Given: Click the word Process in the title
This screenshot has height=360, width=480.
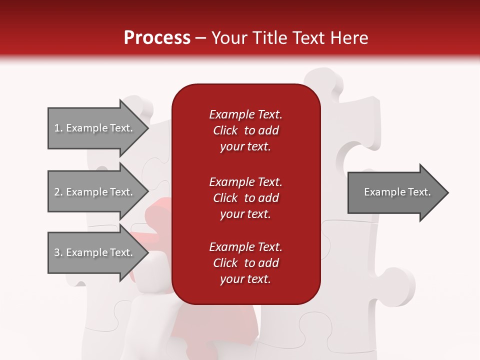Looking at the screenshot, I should pos(157,37).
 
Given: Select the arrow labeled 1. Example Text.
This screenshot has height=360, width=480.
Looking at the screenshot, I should pos(95,128).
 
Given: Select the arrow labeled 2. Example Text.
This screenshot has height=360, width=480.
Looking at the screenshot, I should pos(95,192).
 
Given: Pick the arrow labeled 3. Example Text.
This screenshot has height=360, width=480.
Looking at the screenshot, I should pos(95,252).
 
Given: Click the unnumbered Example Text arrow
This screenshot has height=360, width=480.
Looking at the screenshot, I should pos(395,192).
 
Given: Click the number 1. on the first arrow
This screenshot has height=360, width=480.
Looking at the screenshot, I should pos(58,128).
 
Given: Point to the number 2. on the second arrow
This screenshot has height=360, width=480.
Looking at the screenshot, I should pos(58,192).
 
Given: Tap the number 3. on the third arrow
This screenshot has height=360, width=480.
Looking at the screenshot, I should pos(58,252).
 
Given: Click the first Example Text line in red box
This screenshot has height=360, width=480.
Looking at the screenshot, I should pos(245,114).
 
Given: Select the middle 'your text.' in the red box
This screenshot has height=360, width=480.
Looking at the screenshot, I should pos(245,214).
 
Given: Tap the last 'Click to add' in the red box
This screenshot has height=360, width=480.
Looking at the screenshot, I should pos(245,263).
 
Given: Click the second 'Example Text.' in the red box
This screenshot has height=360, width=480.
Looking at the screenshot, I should pos(245,182).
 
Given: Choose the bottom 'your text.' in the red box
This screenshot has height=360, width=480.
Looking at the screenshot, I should pos(245,279).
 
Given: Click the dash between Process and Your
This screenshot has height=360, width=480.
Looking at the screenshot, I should pos(200,38).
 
